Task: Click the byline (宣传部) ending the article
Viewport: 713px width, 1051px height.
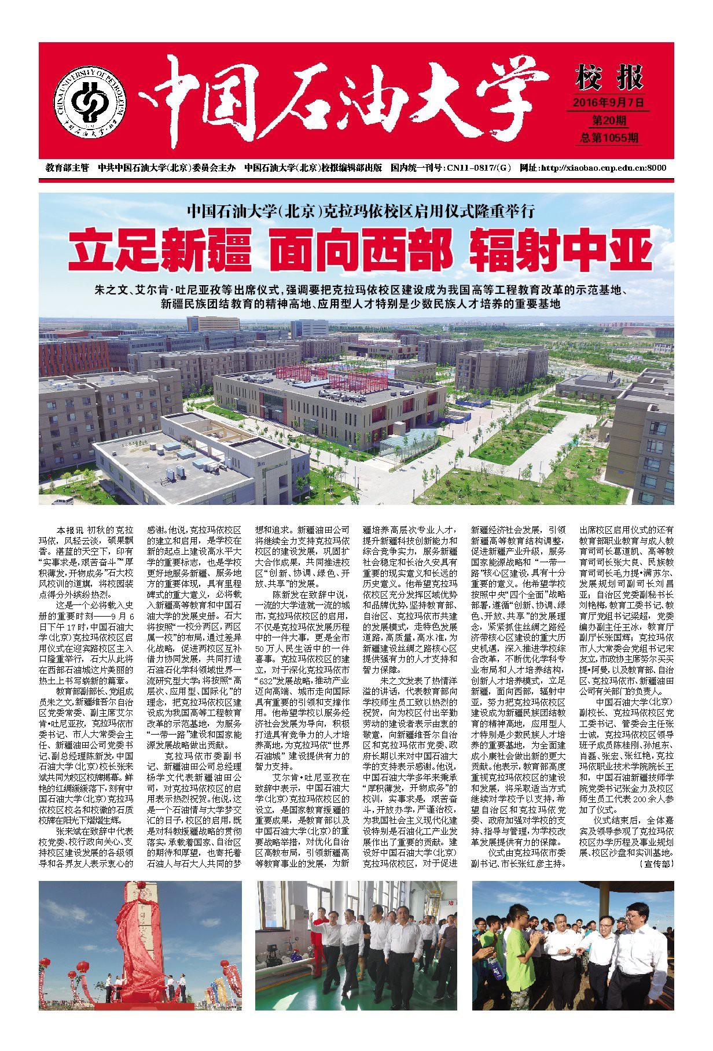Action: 656,864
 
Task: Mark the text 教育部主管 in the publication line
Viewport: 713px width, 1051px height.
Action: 67,168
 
